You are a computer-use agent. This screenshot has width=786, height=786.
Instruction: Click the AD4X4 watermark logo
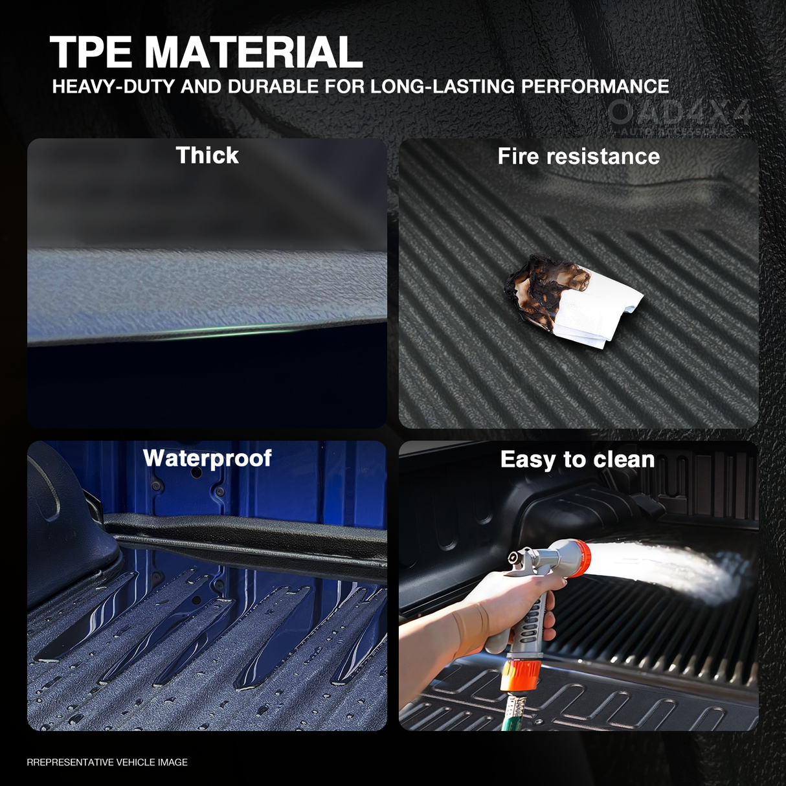click(x=680, y=114)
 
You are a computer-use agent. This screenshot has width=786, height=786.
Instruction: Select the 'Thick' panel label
click(x=207, y=155)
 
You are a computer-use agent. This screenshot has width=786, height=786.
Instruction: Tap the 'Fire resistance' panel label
click(x=578, y=157)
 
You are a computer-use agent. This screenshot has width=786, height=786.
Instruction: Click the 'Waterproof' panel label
click(x=207, y=458)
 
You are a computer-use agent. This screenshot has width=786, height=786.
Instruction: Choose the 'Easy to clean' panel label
click(x=578, y=460)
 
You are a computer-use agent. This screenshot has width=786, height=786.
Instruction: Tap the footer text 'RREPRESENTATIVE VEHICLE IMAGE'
click(x=107, y=763)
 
